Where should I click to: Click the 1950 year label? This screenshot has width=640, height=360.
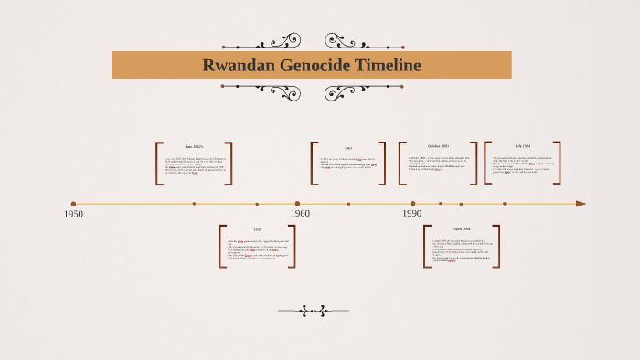click(73, 214)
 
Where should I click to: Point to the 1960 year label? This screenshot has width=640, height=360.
click(300, 214)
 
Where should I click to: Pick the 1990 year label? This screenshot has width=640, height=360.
click(412, 214)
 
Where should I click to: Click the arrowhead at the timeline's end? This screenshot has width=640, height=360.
click(581, 204)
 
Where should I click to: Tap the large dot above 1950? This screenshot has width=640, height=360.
click(73, 204)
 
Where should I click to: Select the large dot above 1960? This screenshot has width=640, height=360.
click(297, 204)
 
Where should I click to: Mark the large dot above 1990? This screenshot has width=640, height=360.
click(413, 204)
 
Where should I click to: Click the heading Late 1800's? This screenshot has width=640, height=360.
click(194, 147)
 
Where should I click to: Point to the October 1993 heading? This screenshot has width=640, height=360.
click(438, 146)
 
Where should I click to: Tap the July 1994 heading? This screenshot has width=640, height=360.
click(522, 146)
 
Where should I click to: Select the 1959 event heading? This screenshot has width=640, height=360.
click(258, 229)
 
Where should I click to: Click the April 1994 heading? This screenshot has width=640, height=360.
click(462, 229)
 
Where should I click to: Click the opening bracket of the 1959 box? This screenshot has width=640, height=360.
click(221, 247)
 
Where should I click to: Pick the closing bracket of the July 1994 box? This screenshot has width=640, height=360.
click(558, 164)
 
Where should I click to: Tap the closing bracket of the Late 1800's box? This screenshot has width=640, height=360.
click(229, 164)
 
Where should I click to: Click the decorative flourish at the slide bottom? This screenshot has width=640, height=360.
click(314, 311)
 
